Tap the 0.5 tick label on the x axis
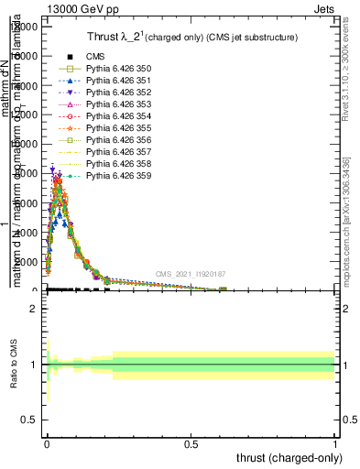tap(191, 443)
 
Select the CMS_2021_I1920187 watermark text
tap(190, 274)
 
